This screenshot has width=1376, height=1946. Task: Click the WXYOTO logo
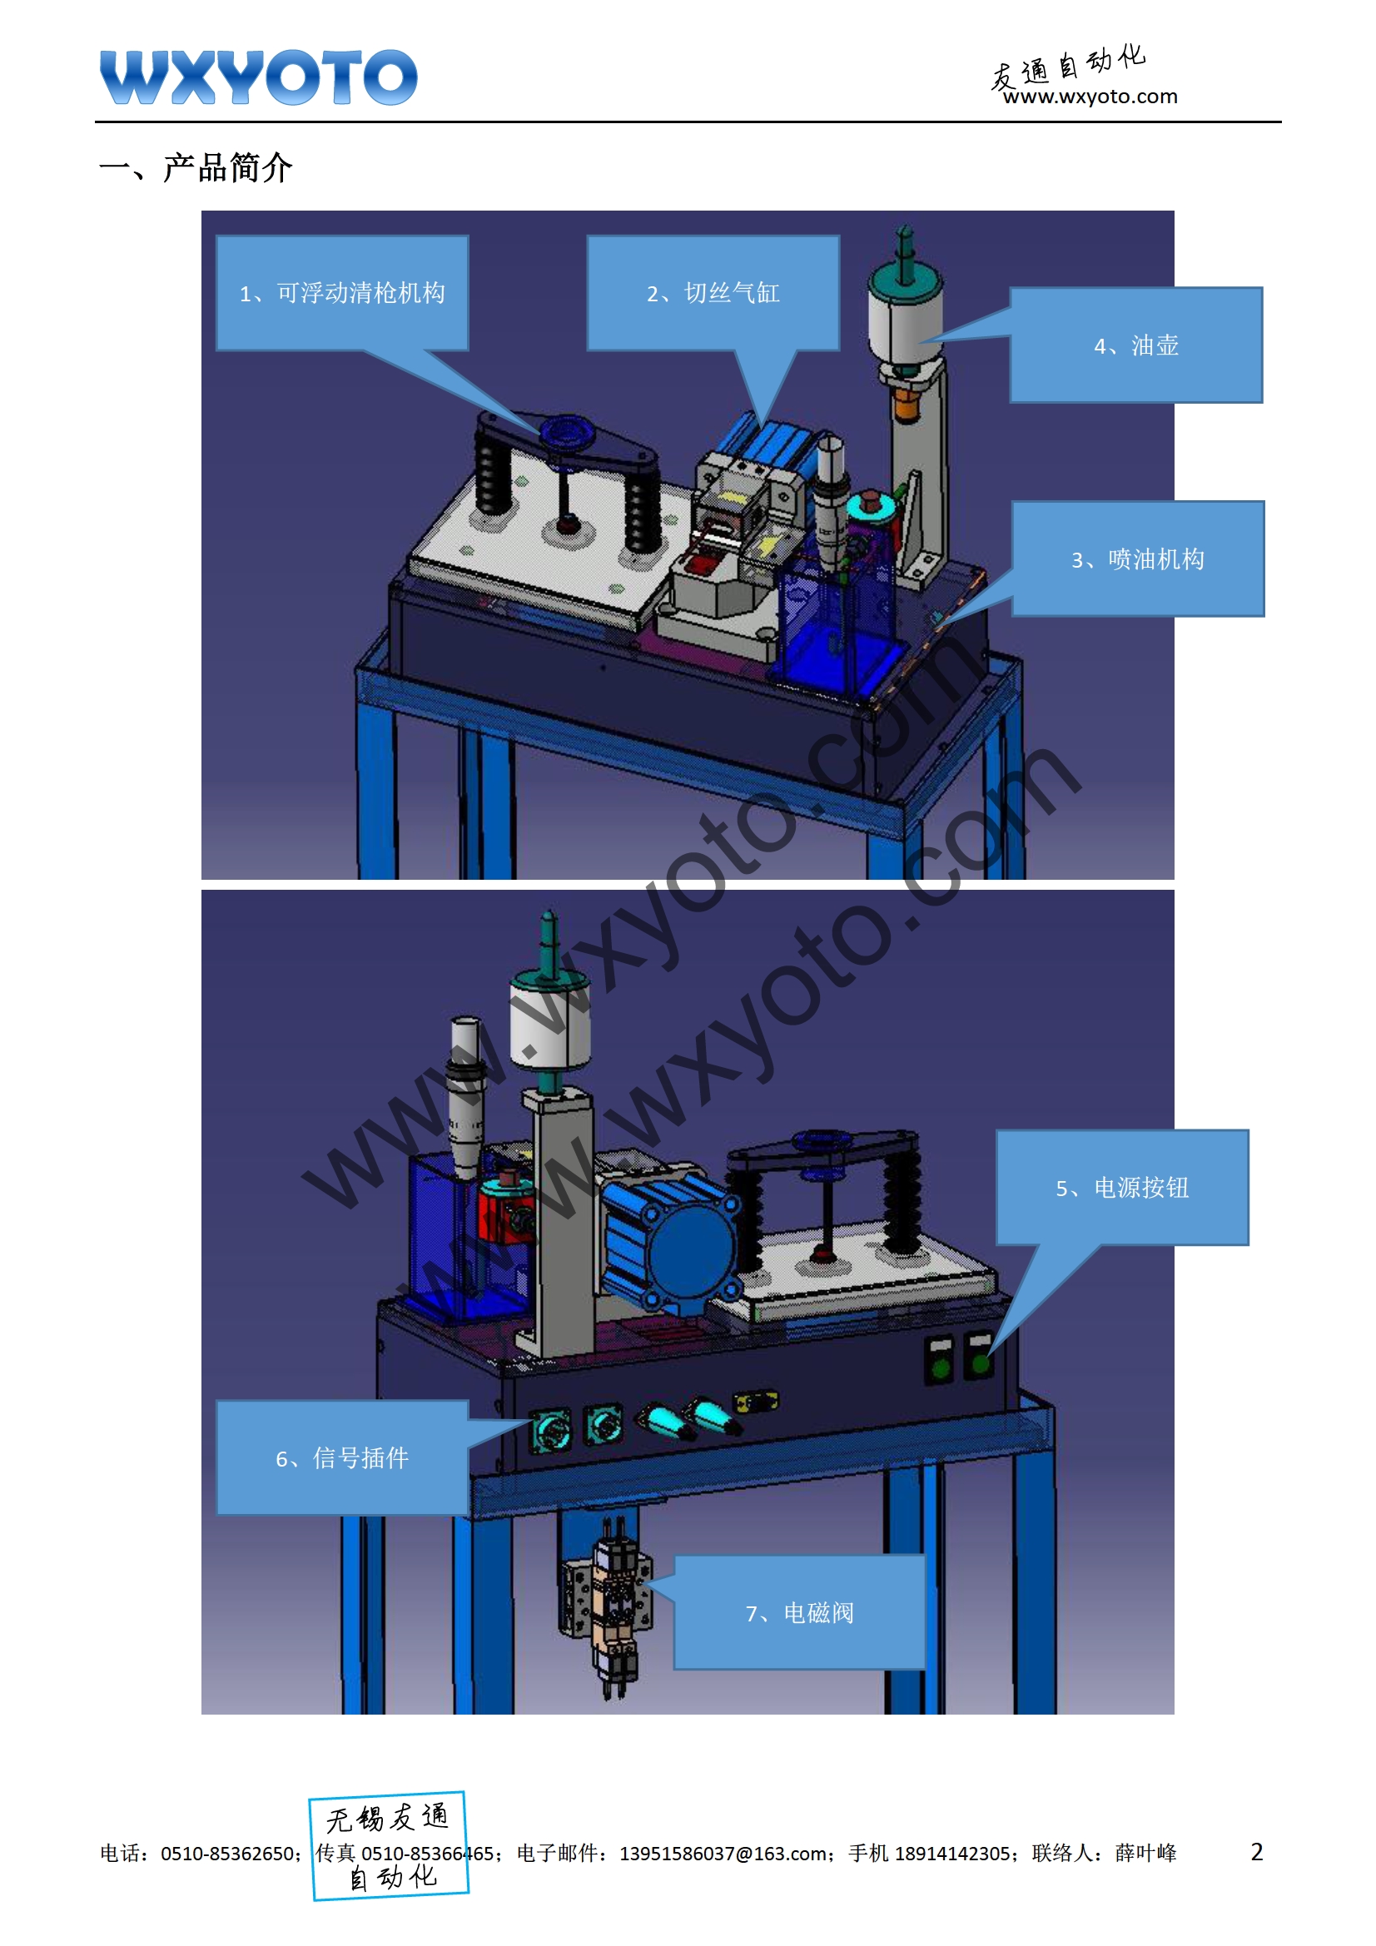(259, 77)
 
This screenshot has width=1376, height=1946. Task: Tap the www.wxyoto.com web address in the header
(1090, 97)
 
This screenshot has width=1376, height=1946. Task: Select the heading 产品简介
(227, 168)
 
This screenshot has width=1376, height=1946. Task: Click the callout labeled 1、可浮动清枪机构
(342, 292)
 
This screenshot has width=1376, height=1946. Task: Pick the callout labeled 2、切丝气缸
(713, 292)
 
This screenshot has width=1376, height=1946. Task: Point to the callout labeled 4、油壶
(1136, 345)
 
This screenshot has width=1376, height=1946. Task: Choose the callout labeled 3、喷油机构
(1138, 558)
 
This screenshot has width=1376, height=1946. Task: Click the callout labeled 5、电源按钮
(1122, 1188)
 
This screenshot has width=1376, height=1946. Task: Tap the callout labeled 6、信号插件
(342, 1457)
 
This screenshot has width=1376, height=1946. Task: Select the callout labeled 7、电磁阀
(799, 1612)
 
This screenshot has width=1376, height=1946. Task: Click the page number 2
(1256, 1852)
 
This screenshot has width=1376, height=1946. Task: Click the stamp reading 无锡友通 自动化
(389, 1846)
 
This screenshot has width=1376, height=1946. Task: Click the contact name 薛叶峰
(1146, 1854)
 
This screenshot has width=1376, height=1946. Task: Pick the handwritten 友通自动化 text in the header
(1068, 66)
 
